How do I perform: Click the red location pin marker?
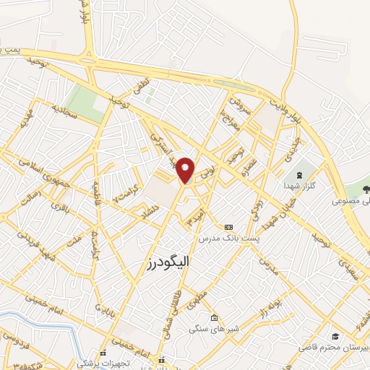pyautogui.click(x=186, y=169)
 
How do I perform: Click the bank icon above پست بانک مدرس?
pyautogui.click(x=229, y=226)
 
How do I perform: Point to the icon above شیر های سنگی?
pyautogui.click(x=213, y=318)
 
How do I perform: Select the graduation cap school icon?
pyautogui.click(x=337, y=336)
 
